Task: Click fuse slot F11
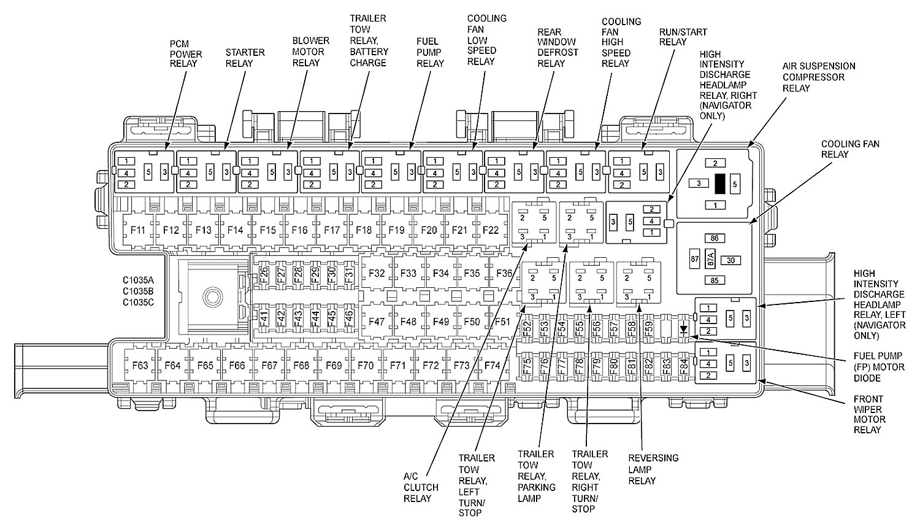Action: tap(138, 230)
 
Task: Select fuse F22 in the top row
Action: tap(491, 230)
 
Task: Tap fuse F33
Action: tap(408, 273)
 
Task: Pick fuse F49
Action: tap(440, 322)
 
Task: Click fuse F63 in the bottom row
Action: tap(140, 366)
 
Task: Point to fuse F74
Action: tap(493, 366)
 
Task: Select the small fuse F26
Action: tap(264, 274)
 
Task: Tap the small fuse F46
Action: tap(348, 319)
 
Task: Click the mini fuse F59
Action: tap(649, 328)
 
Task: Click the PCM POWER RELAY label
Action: tap(183, 53)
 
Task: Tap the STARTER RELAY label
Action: tap(245, 58)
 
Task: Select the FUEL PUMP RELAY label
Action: tap(430, 52)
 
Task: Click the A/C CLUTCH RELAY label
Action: tap(421, 487)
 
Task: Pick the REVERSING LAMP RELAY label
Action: tap(653, 469)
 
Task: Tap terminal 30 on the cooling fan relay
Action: tap(730, 260)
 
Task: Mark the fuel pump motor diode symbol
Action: tap(683, 330)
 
